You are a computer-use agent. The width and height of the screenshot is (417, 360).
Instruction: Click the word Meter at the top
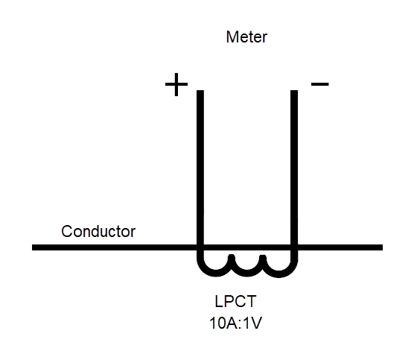click(246, 37)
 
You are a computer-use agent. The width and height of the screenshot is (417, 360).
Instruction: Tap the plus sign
click(176, 85)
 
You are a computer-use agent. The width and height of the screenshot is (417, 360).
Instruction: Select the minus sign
click(319, 83)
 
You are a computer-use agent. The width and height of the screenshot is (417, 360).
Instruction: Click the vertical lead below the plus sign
click(200, 164)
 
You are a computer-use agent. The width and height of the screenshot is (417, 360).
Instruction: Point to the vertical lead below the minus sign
click(294, 164)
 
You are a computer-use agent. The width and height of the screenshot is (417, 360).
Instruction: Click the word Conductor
click(98, 231)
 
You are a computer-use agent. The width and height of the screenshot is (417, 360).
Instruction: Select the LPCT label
click(235, 303)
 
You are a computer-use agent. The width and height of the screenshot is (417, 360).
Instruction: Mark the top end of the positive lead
click(200, 92)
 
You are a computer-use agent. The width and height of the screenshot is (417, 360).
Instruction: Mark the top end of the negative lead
click(294, 92)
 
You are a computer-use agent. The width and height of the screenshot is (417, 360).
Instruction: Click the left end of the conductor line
click(34, 247)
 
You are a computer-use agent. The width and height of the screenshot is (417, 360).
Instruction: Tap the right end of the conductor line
click(381, 247)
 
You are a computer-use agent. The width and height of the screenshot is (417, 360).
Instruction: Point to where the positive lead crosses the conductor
click(200, 247)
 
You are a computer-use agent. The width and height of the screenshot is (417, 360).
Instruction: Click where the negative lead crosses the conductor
click(294, 247)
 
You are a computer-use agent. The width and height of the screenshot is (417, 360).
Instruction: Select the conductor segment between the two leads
click(246, 247)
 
